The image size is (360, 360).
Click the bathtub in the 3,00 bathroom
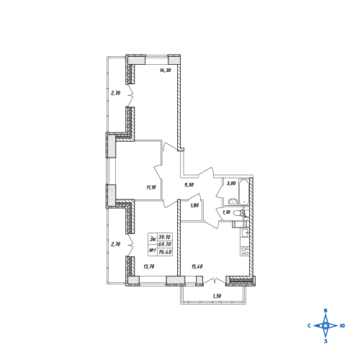[x=244, y=192]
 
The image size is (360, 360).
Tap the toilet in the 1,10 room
[x=238, y=213]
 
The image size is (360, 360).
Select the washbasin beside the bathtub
[x=233, y=202]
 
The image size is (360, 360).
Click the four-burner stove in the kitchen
[x=245, y=251]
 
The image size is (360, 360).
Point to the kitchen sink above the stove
[x=245, y=233]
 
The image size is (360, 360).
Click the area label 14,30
[x=166, y=71]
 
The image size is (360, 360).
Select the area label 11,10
[x=151, y=187]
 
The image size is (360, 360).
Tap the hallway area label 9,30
[x=189, y=184]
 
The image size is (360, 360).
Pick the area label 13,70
[x=149, y=266]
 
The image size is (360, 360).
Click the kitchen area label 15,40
[x=197, y=266]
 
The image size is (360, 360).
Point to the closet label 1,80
[x=194, y=205]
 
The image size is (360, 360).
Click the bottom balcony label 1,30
[x=217, y=296]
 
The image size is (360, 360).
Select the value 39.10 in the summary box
[x=165, y=237]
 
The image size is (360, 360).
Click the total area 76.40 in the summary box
[x=165, y=252]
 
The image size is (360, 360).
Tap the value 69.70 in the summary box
[x=165, y=244]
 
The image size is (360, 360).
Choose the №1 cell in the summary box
[x=153, y=251]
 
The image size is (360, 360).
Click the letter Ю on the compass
[x=343, y=325]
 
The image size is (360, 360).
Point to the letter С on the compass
[x=310, y=325]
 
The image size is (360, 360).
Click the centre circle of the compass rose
[x=325, y=325]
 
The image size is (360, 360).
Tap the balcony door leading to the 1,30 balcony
[x=215, y=281]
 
